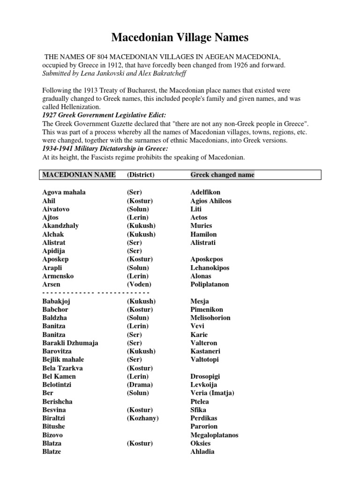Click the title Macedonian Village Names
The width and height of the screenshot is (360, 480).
(x=180, y=37)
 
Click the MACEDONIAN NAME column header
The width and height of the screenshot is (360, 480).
(x=79, y=175)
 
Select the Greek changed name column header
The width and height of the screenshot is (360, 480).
(x=222, y=175)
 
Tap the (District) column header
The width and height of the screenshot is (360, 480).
(x=141, y=175)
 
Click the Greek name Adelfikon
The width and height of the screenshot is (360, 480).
(x=205, y=192)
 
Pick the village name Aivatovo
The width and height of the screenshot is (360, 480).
(x=58, y=209)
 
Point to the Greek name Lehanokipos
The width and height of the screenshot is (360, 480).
(x=210, y=268)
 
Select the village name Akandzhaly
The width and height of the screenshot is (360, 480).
(x=60, y=225)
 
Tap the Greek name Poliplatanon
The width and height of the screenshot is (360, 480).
(x=210, y=284)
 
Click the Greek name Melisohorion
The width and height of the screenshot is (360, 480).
(x=210, y=318)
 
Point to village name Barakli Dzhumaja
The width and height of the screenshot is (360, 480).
(x=70, y=343)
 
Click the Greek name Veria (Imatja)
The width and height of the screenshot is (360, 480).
(x=212, y=393)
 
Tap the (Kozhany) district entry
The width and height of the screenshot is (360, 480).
(x=142, y=418)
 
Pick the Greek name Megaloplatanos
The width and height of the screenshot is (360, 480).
(x=214, y=435)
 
